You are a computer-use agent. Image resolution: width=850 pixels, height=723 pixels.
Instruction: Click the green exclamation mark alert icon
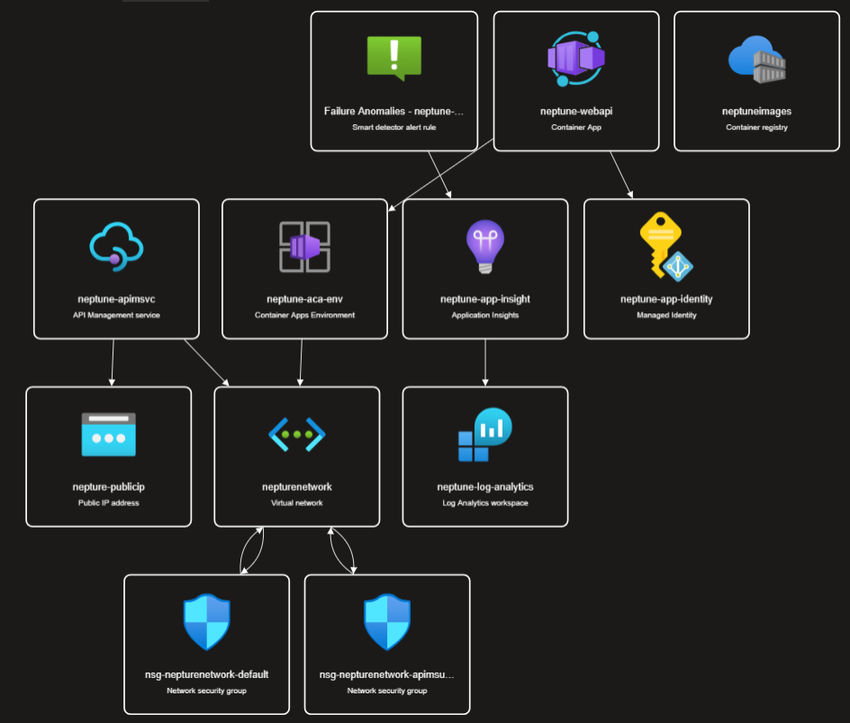click(x=393, y=57)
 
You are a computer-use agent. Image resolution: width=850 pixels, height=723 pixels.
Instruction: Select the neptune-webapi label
click(x=576, y=112)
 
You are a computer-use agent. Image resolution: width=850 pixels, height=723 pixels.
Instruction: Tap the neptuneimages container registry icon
click(x=756, y=59)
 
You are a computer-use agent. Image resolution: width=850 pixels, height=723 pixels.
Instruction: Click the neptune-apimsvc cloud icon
click(x=116, y=245)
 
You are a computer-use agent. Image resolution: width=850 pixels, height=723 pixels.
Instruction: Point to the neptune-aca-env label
click(x=304, y=299)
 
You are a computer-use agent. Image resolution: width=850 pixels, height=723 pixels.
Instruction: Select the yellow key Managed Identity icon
click(x=665, y=247)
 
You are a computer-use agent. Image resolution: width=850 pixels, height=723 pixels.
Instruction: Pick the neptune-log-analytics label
click(x=484, y=487)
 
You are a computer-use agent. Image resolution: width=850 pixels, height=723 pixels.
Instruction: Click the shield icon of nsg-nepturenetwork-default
click(x=206, y=621)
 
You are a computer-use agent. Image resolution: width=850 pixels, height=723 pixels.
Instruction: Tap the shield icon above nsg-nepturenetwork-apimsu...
click(x=387, y=621)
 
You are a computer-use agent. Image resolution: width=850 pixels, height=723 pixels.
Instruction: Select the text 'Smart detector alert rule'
click(x=393, y=128)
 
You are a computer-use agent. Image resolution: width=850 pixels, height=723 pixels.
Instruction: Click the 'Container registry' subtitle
click(x=756, y=128)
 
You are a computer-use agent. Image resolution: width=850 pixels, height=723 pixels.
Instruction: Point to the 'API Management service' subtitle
click(x=116, y=315)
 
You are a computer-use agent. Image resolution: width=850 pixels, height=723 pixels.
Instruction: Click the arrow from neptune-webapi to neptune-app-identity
click(x=621, y=175)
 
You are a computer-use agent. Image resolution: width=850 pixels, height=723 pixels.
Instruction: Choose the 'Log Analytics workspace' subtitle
click(x=484, y=502)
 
